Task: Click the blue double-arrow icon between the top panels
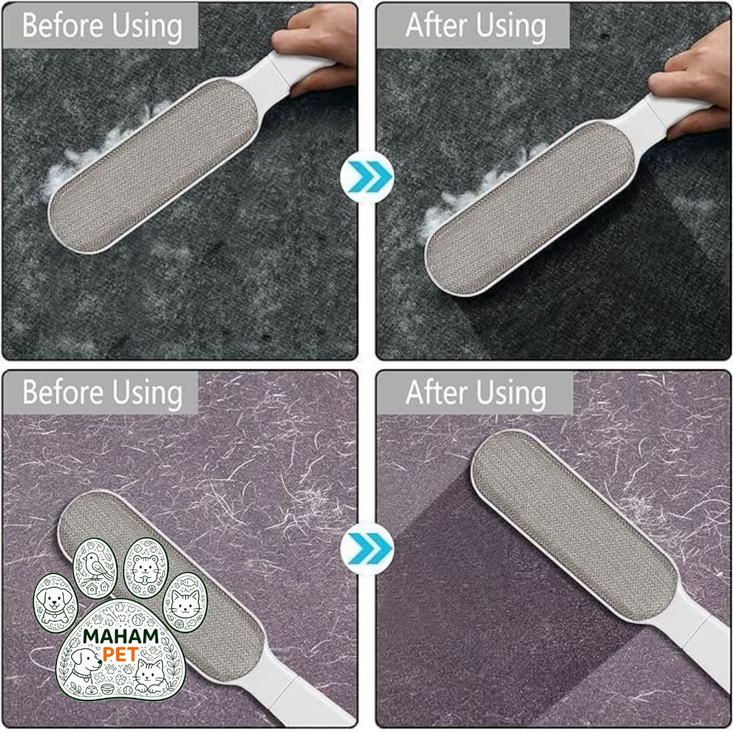367,177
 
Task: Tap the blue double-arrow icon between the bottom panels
367,548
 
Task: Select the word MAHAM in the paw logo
121,637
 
